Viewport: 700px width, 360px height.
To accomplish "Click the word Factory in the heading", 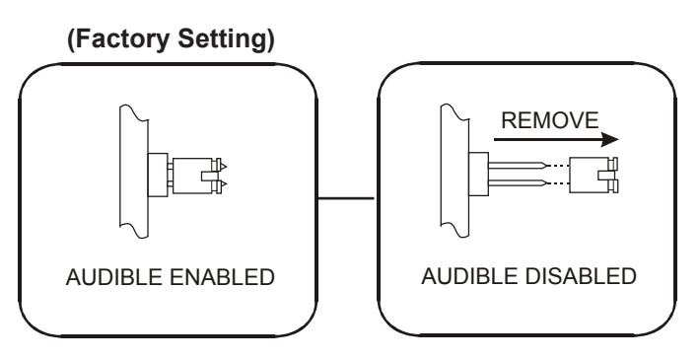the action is (122, 38).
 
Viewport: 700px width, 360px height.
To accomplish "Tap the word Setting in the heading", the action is (226, 38).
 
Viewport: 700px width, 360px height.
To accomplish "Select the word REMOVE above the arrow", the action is (549, 120).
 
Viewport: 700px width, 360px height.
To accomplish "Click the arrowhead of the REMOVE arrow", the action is (609, 139).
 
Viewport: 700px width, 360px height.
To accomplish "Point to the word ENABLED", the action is (222, 277).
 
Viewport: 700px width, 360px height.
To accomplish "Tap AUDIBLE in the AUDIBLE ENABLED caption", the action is (113, 277).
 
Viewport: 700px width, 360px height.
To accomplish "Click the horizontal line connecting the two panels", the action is (345, 198).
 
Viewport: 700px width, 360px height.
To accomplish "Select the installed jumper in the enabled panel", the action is (196, 176).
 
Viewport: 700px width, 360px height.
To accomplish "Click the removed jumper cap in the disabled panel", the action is (594, 175).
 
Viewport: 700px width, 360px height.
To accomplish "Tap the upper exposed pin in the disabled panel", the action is (517, 166).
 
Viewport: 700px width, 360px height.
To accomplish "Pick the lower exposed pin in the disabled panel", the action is (517, 182).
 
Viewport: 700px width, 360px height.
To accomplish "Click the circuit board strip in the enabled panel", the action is (134, 171).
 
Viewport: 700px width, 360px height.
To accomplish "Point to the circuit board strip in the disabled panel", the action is (455, 171).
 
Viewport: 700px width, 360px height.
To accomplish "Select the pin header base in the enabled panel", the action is (158, 175).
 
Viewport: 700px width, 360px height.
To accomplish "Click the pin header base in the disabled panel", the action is (478, 174).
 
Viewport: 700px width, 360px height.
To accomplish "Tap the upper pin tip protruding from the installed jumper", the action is (224, 167).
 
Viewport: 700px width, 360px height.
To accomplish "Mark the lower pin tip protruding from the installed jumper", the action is (224, 184).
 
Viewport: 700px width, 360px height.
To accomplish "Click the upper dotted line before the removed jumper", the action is (557, 166).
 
